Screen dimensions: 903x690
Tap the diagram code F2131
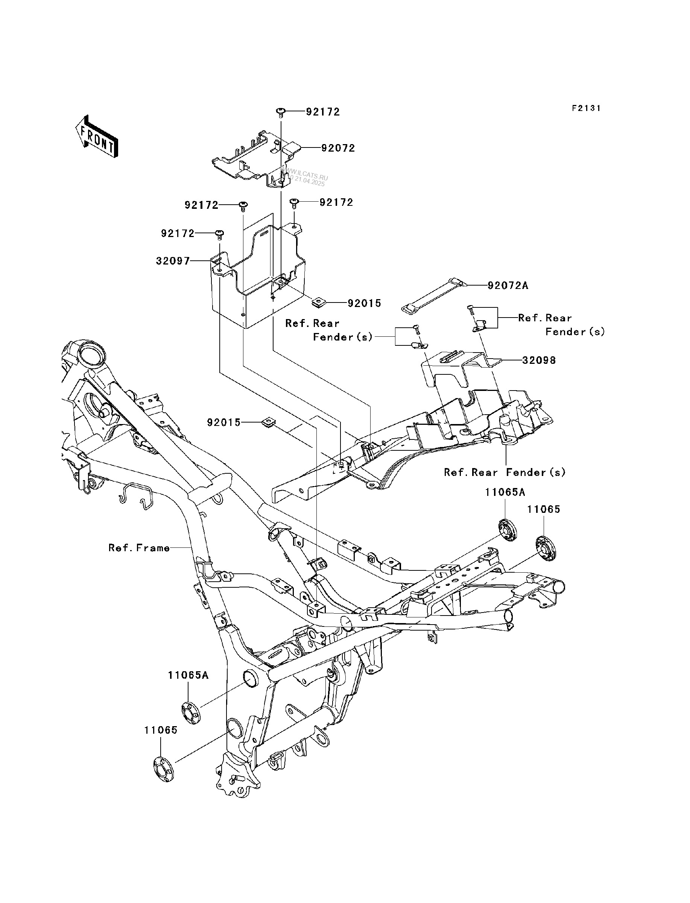(587, 108)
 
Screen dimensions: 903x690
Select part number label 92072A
(508, 286)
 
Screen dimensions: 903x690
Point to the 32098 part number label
(539, 360)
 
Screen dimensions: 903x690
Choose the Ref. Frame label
(139, 548)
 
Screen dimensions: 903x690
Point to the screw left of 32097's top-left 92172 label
(220, 234)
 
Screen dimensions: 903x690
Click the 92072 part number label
(338, 148)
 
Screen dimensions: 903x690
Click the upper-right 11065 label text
(543, 509)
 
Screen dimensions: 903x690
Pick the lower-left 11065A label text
(188, 675)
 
